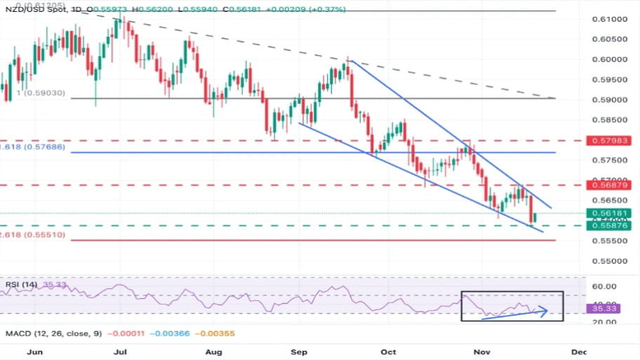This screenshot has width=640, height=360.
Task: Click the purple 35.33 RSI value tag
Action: [x=604, y=308]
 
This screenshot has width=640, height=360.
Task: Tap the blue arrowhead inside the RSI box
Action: [x=544, y=310]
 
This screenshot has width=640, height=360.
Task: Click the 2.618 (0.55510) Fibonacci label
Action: [x=33, y=235]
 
